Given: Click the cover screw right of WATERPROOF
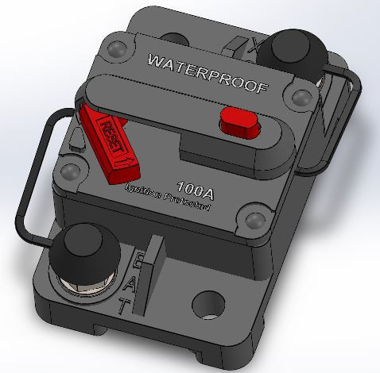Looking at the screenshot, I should tap(300, 98).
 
